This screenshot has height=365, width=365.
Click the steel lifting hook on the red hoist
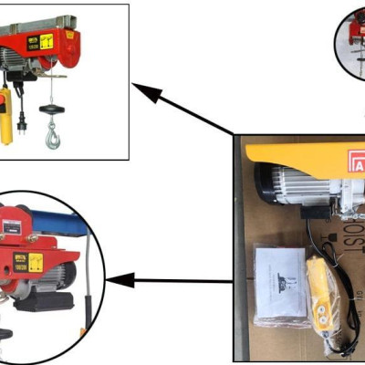(52, 138)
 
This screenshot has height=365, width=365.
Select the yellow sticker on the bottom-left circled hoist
(36, 266)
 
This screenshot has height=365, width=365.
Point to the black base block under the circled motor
(46, 301)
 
